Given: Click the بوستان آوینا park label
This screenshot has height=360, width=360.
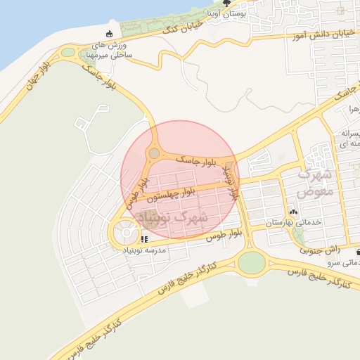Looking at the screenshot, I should click(226, 13).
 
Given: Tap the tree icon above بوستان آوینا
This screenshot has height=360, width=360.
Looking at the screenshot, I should click(226, 3).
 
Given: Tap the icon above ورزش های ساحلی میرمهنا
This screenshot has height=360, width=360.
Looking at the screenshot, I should click(108, 34).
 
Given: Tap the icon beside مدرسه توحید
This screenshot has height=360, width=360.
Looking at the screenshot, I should click(145, 239).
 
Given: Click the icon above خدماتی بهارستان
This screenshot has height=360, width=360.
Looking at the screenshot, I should click(293, 212).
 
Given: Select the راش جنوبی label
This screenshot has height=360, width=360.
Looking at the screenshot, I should click(321, 249).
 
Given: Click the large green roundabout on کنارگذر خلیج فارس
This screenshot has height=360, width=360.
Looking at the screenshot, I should click(251, 263).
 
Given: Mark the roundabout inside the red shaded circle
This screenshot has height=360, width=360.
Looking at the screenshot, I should click(154, 153).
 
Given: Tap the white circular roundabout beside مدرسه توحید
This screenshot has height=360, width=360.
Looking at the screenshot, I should click(127, 230).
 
